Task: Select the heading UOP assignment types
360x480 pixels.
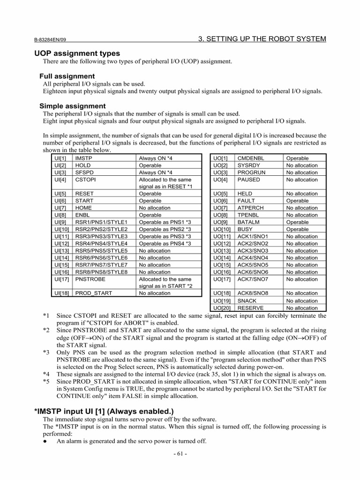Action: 77,53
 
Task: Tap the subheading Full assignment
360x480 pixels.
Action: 67,76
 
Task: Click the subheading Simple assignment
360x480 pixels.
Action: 72,106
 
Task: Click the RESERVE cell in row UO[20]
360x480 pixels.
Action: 251,308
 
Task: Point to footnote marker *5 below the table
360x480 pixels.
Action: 46,382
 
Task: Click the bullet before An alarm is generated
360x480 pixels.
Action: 45,441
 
